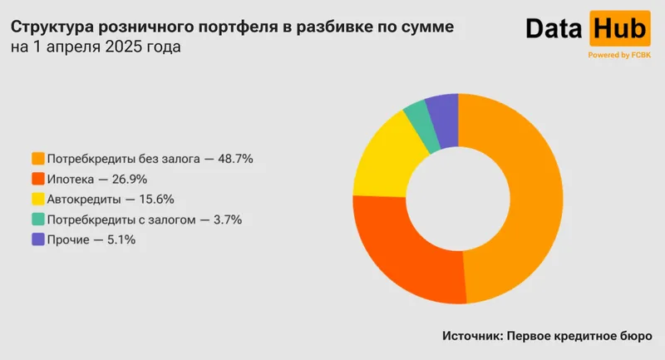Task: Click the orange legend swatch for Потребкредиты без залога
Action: pos(37,158)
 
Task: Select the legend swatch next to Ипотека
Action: pos(37,179)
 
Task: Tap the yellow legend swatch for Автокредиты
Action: pos(37,200)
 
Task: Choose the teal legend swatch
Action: pos(37,219)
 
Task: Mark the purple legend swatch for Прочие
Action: pos(37,239)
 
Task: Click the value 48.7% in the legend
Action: pos(234,158)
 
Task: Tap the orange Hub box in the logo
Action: pos(618,31)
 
